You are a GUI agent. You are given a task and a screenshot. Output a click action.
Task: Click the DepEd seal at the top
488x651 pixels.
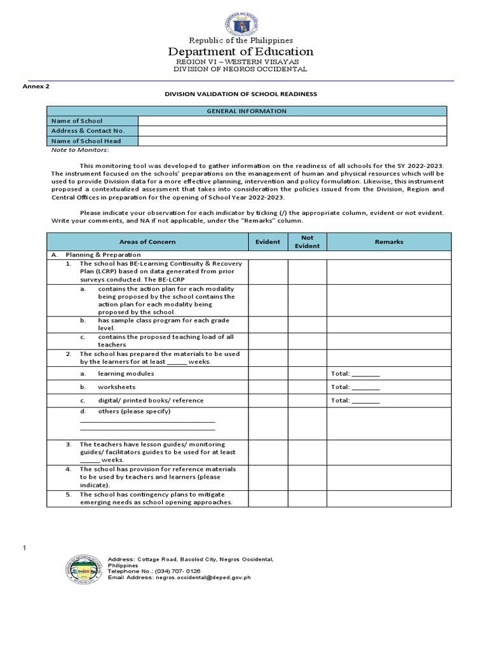point(241,25)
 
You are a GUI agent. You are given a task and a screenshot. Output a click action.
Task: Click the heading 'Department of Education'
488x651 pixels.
point(241,51)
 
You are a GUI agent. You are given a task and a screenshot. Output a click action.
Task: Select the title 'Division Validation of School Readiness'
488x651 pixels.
point(241,94)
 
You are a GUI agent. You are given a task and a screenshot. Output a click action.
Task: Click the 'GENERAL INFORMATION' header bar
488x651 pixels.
point(247,111)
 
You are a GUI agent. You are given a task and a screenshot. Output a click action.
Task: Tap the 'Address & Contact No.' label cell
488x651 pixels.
point(92,131)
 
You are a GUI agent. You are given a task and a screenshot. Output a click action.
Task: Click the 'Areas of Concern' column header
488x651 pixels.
point(147,242)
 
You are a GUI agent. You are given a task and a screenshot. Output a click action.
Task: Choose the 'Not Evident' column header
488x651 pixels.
point(307,242)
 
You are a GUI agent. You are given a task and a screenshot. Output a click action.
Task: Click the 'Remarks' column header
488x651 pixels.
point(388,242)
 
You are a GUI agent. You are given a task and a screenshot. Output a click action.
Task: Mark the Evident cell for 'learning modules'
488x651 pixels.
point(268,374)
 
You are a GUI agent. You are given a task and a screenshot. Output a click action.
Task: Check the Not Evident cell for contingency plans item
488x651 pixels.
point(307,498)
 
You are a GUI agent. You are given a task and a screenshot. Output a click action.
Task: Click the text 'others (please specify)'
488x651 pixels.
point(134,411)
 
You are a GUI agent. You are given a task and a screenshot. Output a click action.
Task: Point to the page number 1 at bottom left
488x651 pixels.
point(25,547)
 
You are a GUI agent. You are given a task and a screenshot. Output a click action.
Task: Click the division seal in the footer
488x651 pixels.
point(84,568)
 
